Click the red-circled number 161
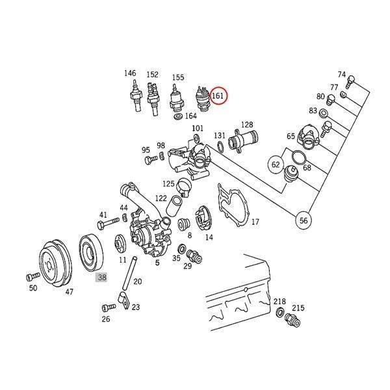coord(219,97)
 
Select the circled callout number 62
coord(276,165)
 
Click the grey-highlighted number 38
coord(101,277)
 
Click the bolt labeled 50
coord(31,276)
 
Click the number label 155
coord(177,76)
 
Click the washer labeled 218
coord(279,314)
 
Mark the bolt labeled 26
coord(105,307)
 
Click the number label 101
coord(198,128)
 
